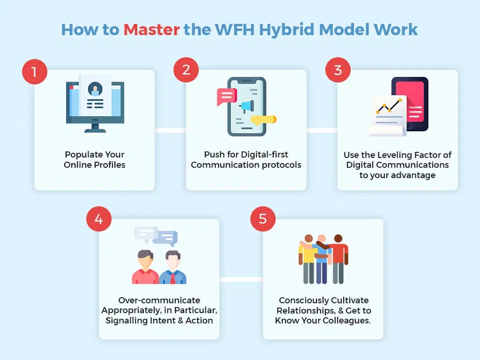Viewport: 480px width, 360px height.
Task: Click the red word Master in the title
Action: (x=151, y=30)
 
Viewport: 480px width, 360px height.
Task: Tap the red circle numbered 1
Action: (x=35, y=72)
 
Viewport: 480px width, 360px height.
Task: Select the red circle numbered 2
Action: (x=186, y=70)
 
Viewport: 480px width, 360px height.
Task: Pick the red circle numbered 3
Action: (x=338, y=70)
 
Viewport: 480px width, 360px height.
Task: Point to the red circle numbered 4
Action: (x=98, y=219)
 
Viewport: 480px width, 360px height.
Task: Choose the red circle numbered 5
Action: (x=263, y=219)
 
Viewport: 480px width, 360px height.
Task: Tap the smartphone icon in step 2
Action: (x=247, y=107)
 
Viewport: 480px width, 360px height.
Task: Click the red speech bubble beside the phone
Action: (x=226, y=97)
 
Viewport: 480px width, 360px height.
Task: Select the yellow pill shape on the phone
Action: (x=264, y=120)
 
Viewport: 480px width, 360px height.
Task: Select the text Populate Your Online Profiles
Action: (x=95, y=159)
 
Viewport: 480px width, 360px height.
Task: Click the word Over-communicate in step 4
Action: (x=159, y=300)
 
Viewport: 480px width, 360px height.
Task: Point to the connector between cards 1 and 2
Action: (x=170, y=130)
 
